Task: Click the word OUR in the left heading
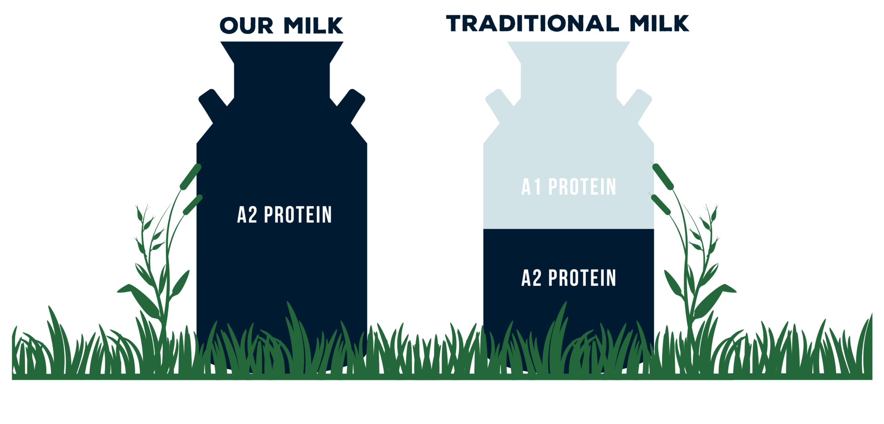point(246,26)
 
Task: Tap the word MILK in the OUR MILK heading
point(313,26)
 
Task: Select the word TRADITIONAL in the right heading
point(532,23)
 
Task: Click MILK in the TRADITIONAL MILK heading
point(659,23)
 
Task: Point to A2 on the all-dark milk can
point(247,215)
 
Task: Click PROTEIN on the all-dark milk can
point(298,215)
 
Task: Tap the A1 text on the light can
point(531,187)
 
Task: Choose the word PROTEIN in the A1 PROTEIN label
point(582,187)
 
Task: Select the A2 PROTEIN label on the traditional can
point(568,278)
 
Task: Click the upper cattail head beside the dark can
point(191,176)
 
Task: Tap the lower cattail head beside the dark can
point(193,204)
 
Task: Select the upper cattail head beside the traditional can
point(663,176)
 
